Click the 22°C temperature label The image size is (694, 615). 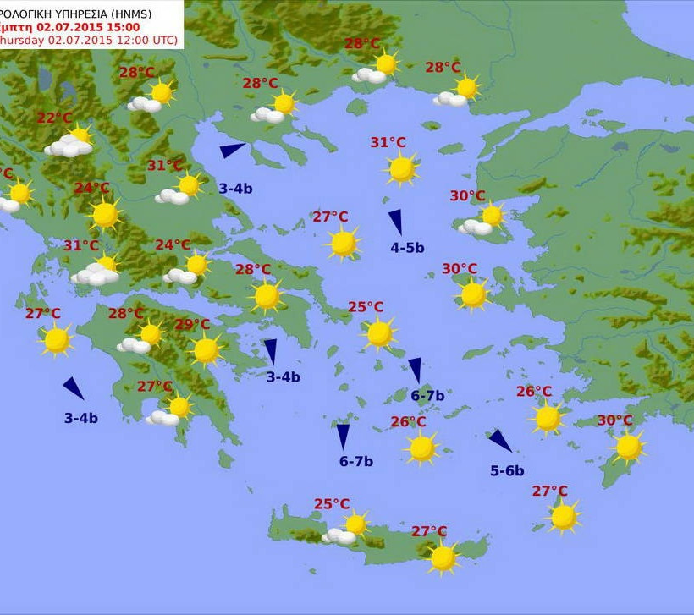[54, 118]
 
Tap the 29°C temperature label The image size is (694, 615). [192, 324]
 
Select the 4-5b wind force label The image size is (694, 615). [407, 248]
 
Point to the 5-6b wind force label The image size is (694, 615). [507, 471]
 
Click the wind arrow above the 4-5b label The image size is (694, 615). [396, 222]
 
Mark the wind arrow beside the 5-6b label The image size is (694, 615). [500, 441]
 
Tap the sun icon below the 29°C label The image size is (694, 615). [206, 349]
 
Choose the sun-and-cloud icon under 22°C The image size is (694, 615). [71, 143]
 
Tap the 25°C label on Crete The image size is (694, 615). [332, 504]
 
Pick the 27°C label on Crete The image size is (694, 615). [429, 531]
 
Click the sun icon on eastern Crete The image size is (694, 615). [443, 557]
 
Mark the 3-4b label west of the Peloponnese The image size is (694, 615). [81, 418]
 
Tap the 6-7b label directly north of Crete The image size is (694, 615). [356, 461]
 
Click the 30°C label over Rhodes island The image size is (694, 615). [614, 420]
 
